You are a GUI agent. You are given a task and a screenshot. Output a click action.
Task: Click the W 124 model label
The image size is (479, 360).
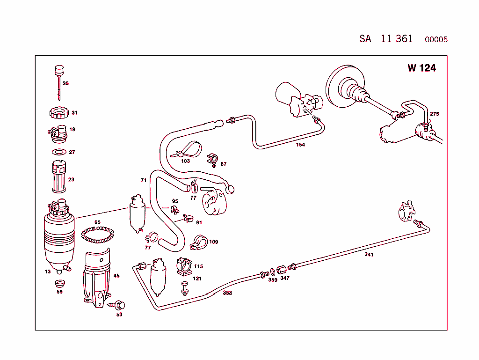coord(421,68)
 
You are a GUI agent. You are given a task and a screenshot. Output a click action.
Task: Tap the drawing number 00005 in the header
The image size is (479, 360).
coord(436,40)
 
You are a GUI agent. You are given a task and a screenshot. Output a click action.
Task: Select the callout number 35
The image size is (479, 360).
coord(65,83)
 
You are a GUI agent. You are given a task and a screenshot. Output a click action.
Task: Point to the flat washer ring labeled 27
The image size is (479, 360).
coord(58,152)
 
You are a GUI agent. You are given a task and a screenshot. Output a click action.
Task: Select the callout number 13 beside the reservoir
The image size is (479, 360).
coord(48,272)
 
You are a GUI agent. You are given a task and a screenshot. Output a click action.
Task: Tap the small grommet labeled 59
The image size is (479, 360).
coord(59,284)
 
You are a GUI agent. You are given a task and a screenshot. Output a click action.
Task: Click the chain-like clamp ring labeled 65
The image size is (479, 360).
coord(98,235)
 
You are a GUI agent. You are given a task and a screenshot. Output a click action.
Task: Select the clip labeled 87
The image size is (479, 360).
coord(213,159)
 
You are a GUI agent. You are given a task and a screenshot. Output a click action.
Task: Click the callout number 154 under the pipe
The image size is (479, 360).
coord(300,145)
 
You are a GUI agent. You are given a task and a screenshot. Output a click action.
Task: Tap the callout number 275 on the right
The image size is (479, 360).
coord(434,114)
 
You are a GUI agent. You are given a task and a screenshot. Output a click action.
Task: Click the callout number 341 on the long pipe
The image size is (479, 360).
coord(369,255)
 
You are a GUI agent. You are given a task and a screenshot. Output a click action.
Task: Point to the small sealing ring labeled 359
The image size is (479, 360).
coord(272,272)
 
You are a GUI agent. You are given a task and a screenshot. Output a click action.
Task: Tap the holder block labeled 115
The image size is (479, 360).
coord(184,267)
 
